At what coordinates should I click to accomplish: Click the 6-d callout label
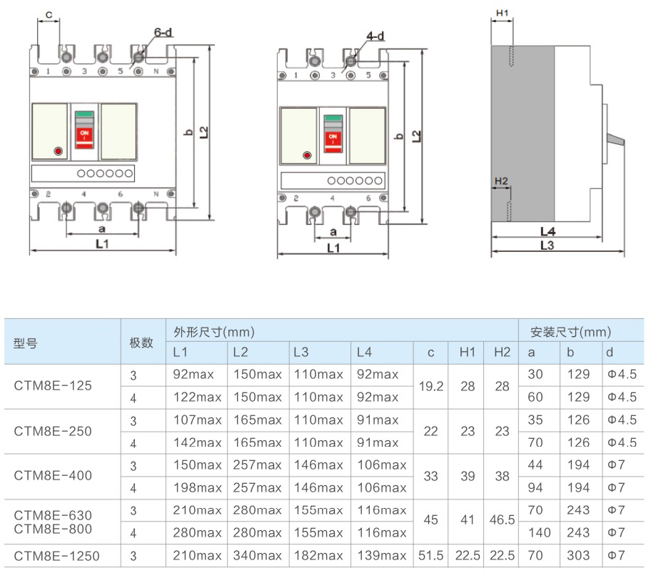pos(163,32)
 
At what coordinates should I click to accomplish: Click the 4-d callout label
pos(375,36)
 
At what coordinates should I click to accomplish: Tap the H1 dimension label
pos(501,14)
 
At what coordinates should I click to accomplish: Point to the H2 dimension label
pos(501,181)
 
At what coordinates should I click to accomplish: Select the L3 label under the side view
pos(547,245)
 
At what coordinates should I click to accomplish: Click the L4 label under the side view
pos(547,231)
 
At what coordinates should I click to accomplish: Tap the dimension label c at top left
pos(48,14)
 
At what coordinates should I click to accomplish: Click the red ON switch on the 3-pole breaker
pos(332,136)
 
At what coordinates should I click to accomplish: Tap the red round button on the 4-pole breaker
pos(58,151)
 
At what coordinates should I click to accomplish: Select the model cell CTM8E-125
pos(53,386)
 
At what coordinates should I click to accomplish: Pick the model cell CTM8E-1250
pos(57,556)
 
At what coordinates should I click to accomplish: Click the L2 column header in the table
pos(241,353)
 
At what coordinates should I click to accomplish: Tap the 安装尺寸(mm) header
pos(570,332)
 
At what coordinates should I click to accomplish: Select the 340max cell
pos(258,556)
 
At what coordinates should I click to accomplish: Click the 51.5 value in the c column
pos(431,556)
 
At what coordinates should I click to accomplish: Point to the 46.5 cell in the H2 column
pos(502,521)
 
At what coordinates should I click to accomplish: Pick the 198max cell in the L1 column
pos(197,488)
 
